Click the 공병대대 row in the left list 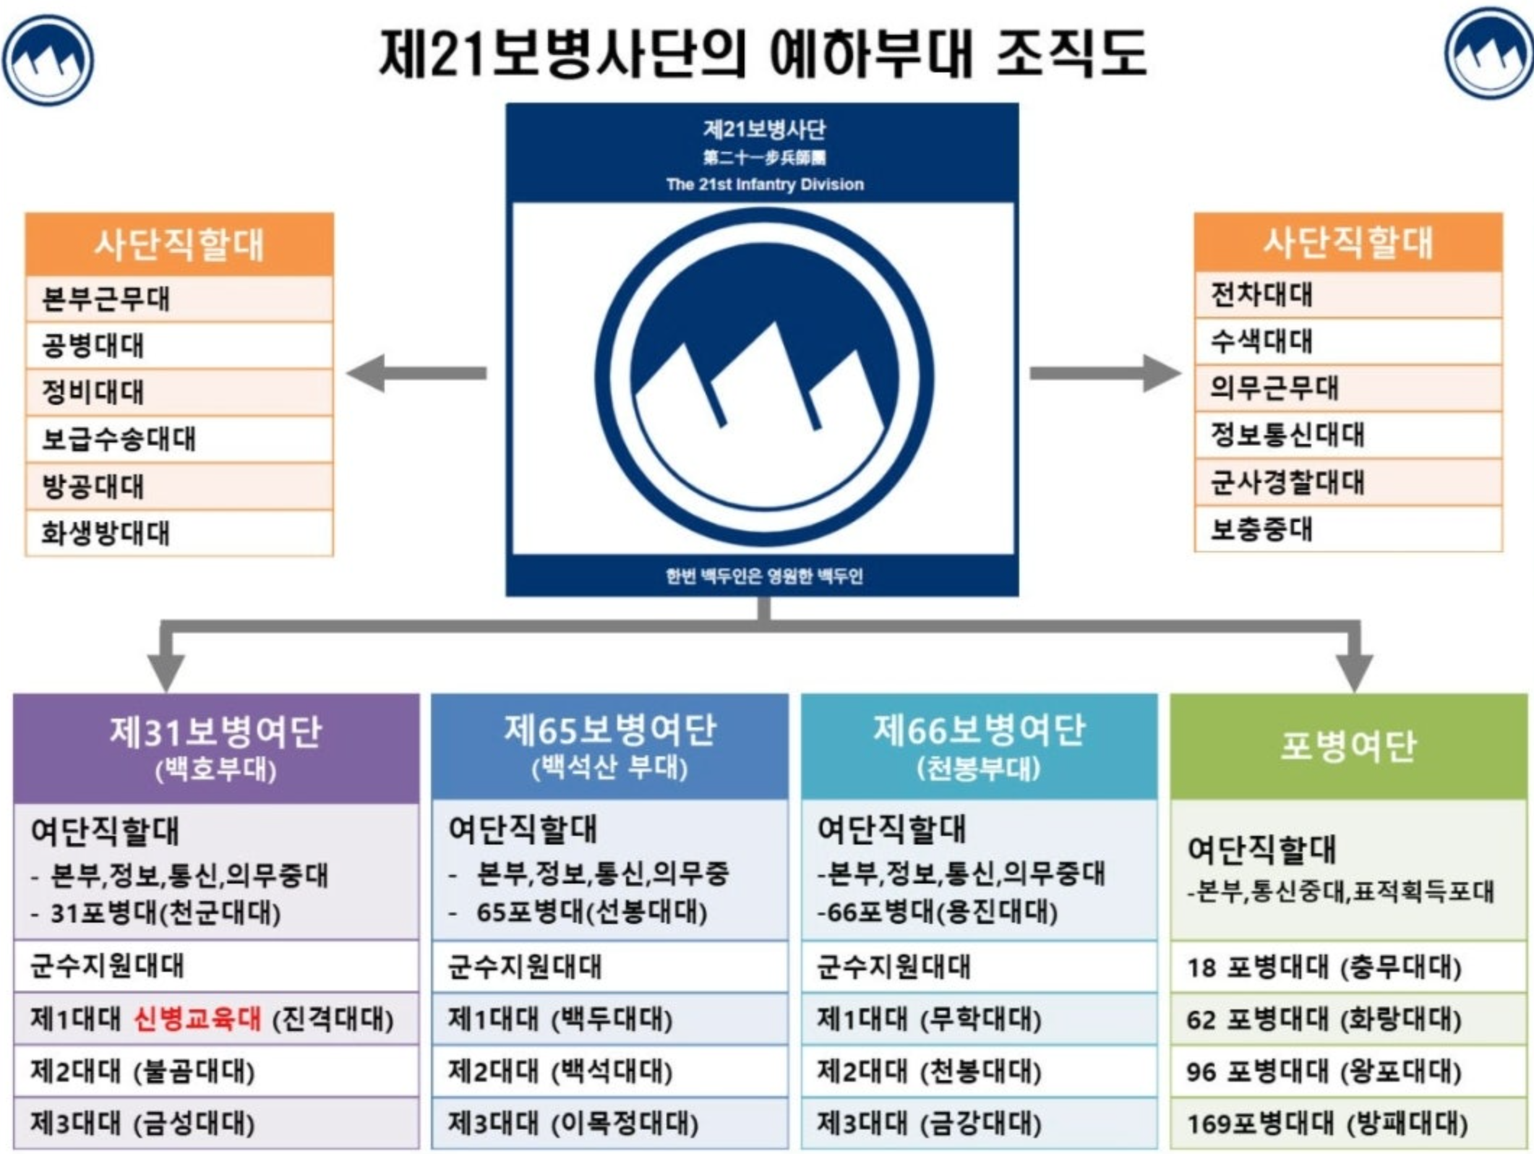(x=179, y=346)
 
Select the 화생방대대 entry (x=179, y=534)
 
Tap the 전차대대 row (x=1348, y=295)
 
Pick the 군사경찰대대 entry (x=1348, y=482)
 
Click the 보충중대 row (x=1348, y=529)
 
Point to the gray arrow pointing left (x=416, y=373)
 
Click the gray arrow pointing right (x=1105, y=373)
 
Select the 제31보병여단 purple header (x=215, y=748)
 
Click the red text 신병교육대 (x=197, y=1019)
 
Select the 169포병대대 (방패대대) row (x=1348, y=1124)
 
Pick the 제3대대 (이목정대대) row (x=609, y=1124)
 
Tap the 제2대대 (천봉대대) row (x=979, y=1072)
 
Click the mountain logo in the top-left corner (x=48, y=60)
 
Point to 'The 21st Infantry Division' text (x=765, y=184)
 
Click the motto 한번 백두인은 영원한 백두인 (x=764, y=576)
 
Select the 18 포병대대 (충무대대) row (x=1348, y=967)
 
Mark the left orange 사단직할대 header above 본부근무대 (x=179, y=244)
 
